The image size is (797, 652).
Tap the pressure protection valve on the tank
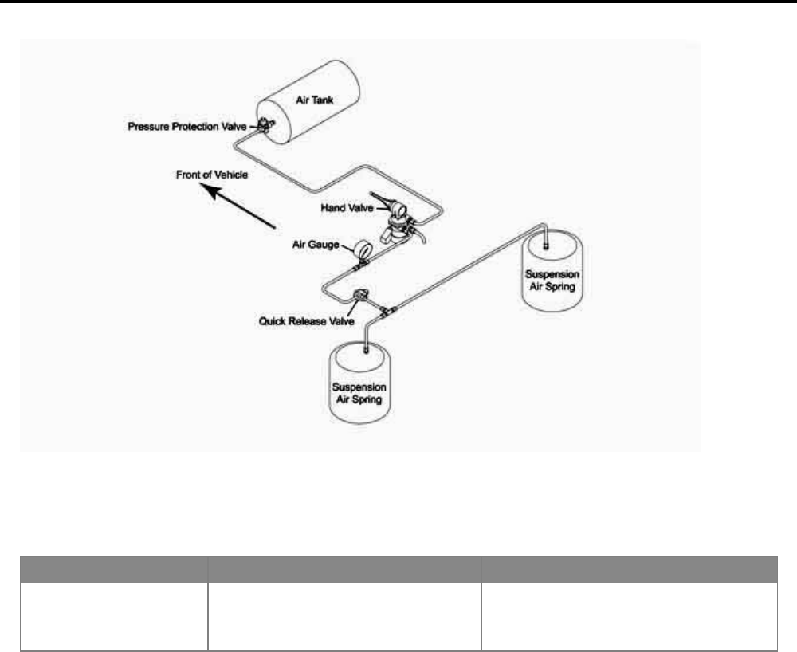(x=262, y=124)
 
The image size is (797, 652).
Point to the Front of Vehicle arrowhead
(x=205, y=189)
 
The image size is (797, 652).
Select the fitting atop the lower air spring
(x=366, y=348)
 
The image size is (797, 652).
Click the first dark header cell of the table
(x=113, y=571)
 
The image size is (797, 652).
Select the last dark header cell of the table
(x=629, y=571)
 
